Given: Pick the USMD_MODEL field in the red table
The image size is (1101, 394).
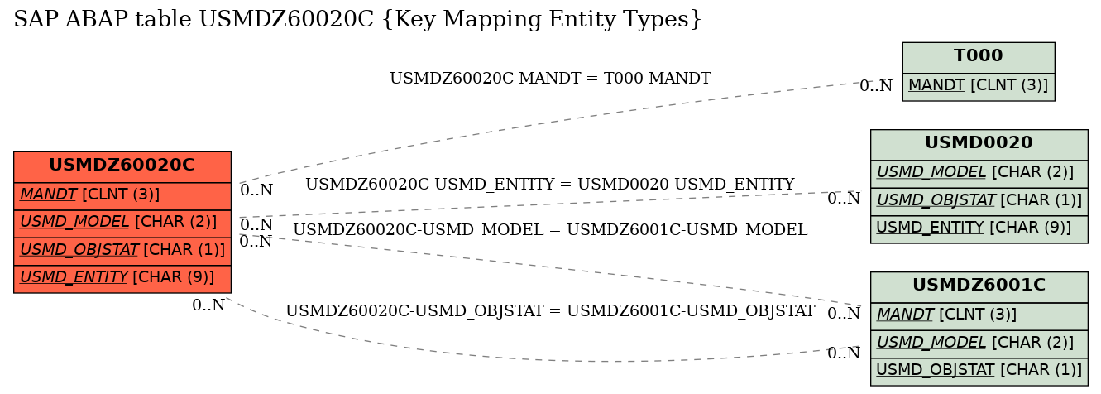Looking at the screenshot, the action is (x=122, y=223).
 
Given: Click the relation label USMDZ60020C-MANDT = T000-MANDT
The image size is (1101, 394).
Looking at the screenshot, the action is (x=550, y=78).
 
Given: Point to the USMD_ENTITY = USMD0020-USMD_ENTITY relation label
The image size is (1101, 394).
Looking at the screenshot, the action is (x=550, y=185).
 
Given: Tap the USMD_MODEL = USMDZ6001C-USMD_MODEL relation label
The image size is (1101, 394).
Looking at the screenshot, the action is (x=550, y=230).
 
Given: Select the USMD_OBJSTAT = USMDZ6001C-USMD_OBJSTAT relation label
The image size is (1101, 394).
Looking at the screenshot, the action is (x=550, y=311).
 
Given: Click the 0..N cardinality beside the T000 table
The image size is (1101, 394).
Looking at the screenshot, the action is (x=876, y=86).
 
